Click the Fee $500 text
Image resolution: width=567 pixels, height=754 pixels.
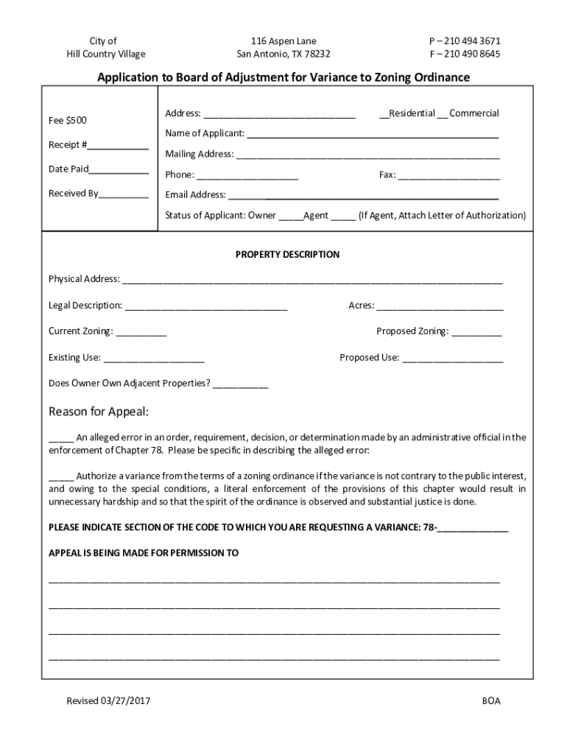point(67,120)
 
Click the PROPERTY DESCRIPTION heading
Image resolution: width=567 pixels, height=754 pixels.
point(287,255)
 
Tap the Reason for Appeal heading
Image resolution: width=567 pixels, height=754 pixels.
point(99,410)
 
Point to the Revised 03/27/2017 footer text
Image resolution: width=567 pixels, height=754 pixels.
point(108,701)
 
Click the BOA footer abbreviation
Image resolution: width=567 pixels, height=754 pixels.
point(491,701)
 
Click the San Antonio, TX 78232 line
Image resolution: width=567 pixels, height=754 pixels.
point(283,54)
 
